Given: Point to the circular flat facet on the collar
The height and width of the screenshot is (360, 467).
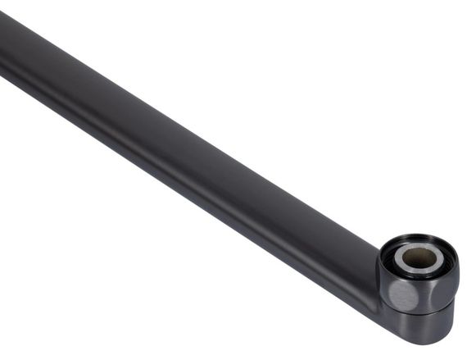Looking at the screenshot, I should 401,296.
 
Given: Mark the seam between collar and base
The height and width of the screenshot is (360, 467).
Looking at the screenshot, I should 426,311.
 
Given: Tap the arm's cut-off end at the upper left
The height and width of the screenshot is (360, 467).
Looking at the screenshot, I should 7,41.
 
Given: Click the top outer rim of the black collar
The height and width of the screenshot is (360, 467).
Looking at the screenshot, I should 419,238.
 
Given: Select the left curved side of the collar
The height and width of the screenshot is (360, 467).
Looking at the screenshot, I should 383,279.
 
